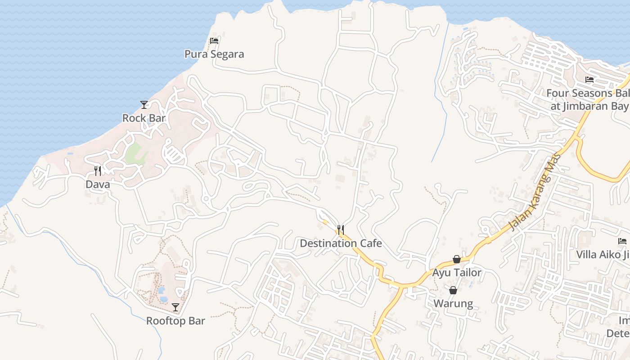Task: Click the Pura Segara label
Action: (214, 54)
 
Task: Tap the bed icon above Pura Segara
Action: (214, 41)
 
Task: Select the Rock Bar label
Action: (144, 118)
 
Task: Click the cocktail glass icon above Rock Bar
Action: (144, 105)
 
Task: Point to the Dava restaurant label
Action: (98, 184)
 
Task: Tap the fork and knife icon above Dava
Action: (98, 171)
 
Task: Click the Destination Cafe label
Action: (341, 243)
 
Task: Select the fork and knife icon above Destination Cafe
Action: (341, 230)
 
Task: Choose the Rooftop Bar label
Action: (175, 321)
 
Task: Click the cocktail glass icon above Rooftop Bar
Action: (175, 307)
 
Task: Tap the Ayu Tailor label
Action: (457, 273)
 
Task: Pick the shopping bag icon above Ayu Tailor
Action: (457, 259)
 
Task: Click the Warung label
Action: (453, 304)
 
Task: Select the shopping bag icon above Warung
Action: (453, 290)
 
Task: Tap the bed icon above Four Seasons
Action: (589, 80)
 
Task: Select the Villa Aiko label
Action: (603, 255)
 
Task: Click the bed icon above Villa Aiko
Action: (623, 241)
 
